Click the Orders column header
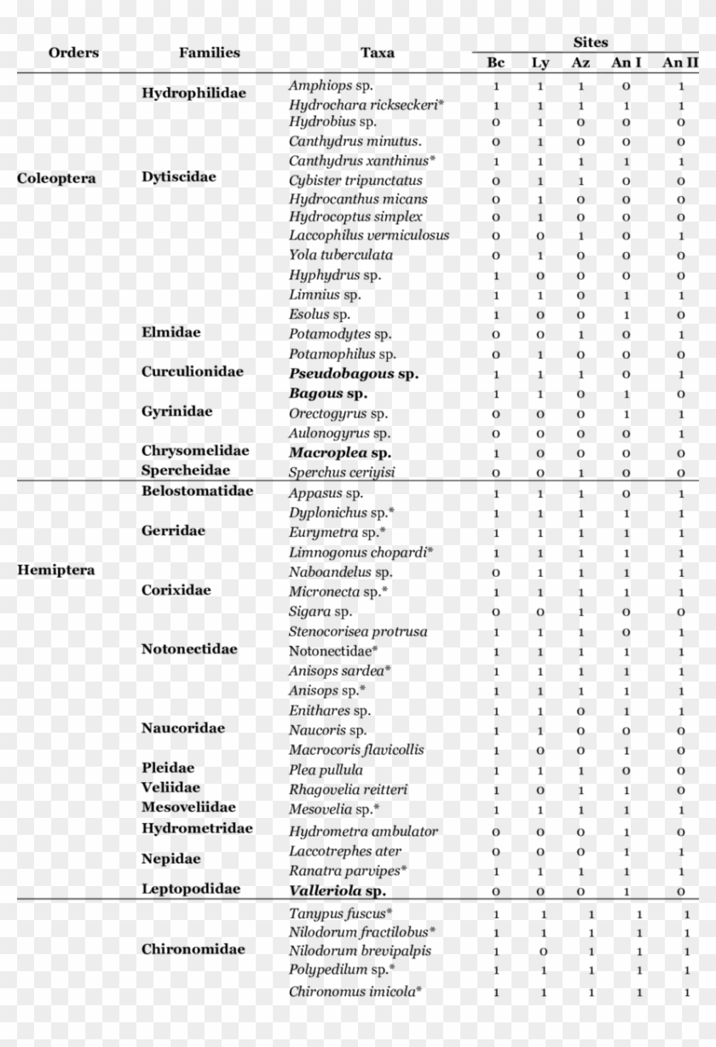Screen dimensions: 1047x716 pyautogui.click(x=73, y=53)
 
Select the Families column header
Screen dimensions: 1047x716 pyautogui.click(x=209, y=53)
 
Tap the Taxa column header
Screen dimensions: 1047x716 pyautogui.click(x=377, y=53)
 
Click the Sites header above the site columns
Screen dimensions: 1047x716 pyautogui.click(x=590, y=42)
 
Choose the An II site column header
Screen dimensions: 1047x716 pyautogui.click(x=680, y=62)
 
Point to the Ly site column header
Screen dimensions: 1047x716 pyautogui.click(x=540, y=62)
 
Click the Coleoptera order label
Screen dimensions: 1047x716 pyautogui.click(x=56, y=179)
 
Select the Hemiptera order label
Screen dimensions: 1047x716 pyautogui.click(x=55, y=570)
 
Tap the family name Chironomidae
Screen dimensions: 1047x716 pyautogui.click(x=193, y=949)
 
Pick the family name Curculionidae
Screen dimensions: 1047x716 pyautogui.click(x=192, y=371)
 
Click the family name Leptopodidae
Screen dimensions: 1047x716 pyautogui.click(x=190, y=889)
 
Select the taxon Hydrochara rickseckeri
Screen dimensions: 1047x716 pyautogui.click(x=367, y=105)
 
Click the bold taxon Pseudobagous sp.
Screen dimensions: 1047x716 pyautogui.click(x=354, y=373)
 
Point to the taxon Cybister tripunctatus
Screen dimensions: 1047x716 pyautogui.click(x=355, y=180)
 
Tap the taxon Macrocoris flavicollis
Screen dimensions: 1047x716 pyautogui.click(x=355, y=750)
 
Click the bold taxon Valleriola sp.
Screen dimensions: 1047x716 pyautogui.click(x=338, y=890)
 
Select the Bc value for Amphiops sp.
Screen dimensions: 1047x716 pyautogui.click(x=496, y=86)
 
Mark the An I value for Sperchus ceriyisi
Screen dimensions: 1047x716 pyautogui.click(x=626, y=473)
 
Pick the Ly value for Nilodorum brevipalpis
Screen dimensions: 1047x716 pyautogui.click(x=544, y=952)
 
